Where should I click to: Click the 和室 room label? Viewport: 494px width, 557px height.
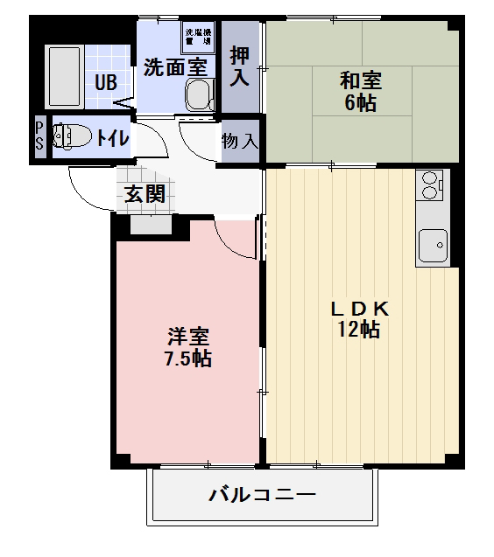[360, 81]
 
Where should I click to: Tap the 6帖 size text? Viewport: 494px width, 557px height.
[360, 102]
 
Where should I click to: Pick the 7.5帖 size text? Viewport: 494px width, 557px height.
[189, 358]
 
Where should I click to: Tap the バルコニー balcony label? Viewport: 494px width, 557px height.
[262, 496]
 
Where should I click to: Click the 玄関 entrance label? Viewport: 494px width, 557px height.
[145, 194]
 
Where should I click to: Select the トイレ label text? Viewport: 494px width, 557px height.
[113, 137]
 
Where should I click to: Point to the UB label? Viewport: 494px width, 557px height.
[105, 84]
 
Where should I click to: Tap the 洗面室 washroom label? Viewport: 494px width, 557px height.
[175, 66]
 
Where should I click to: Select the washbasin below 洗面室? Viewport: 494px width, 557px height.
[201, 94]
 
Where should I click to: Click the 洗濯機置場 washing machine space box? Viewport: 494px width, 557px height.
[198, 36]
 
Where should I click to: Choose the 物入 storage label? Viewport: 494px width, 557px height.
[240, 141]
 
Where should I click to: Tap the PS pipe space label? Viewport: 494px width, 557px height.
[39, 136]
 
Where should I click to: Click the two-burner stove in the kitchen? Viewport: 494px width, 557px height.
[431, 185]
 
